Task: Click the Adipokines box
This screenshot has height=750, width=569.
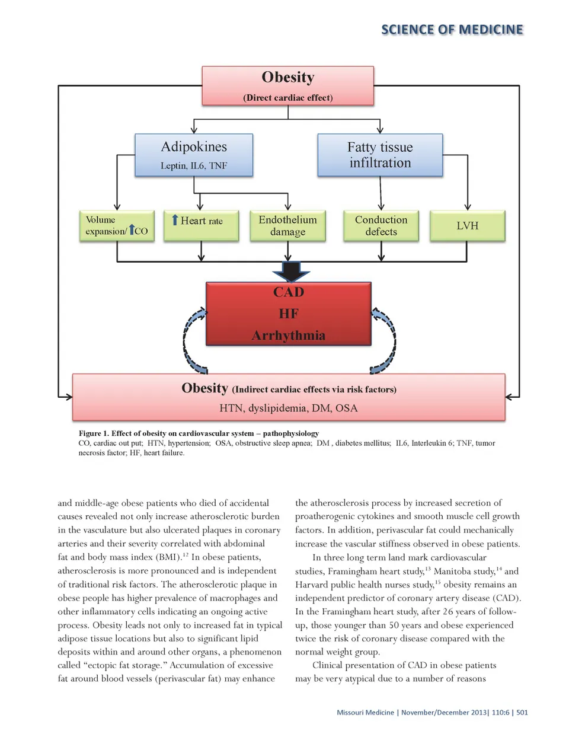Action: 194,154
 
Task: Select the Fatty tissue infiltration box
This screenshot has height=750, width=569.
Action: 380,155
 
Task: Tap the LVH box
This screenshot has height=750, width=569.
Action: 467,226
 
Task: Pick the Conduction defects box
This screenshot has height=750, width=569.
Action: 381,226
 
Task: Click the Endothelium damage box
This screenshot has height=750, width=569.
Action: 287,226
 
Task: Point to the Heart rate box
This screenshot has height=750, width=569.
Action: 201,226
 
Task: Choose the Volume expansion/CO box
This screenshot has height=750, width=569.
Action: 117,226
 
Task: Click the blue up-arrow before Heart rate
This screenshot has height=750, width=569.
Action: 175,220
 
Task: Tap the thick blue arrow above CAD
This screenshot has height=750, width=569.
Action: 290,272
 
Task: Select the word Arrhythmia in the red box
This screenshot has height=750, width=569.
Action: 288,336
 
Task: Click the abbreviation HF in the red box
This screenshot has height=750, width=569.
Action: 289,314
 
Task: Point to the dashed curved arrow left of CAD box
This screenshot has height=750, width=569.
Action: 193,341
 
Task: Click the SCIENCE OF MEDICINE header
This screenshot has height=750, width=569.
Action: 452,30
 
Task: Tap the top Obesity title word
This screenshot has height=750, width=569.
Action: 288,78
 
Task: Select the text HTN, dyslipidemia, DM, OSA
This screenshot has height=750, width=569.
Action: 288,408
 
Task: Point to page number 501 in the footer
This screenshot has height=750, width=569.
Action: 522,712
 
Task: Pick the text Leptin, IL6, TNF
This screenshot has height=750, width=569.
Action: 194,166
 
